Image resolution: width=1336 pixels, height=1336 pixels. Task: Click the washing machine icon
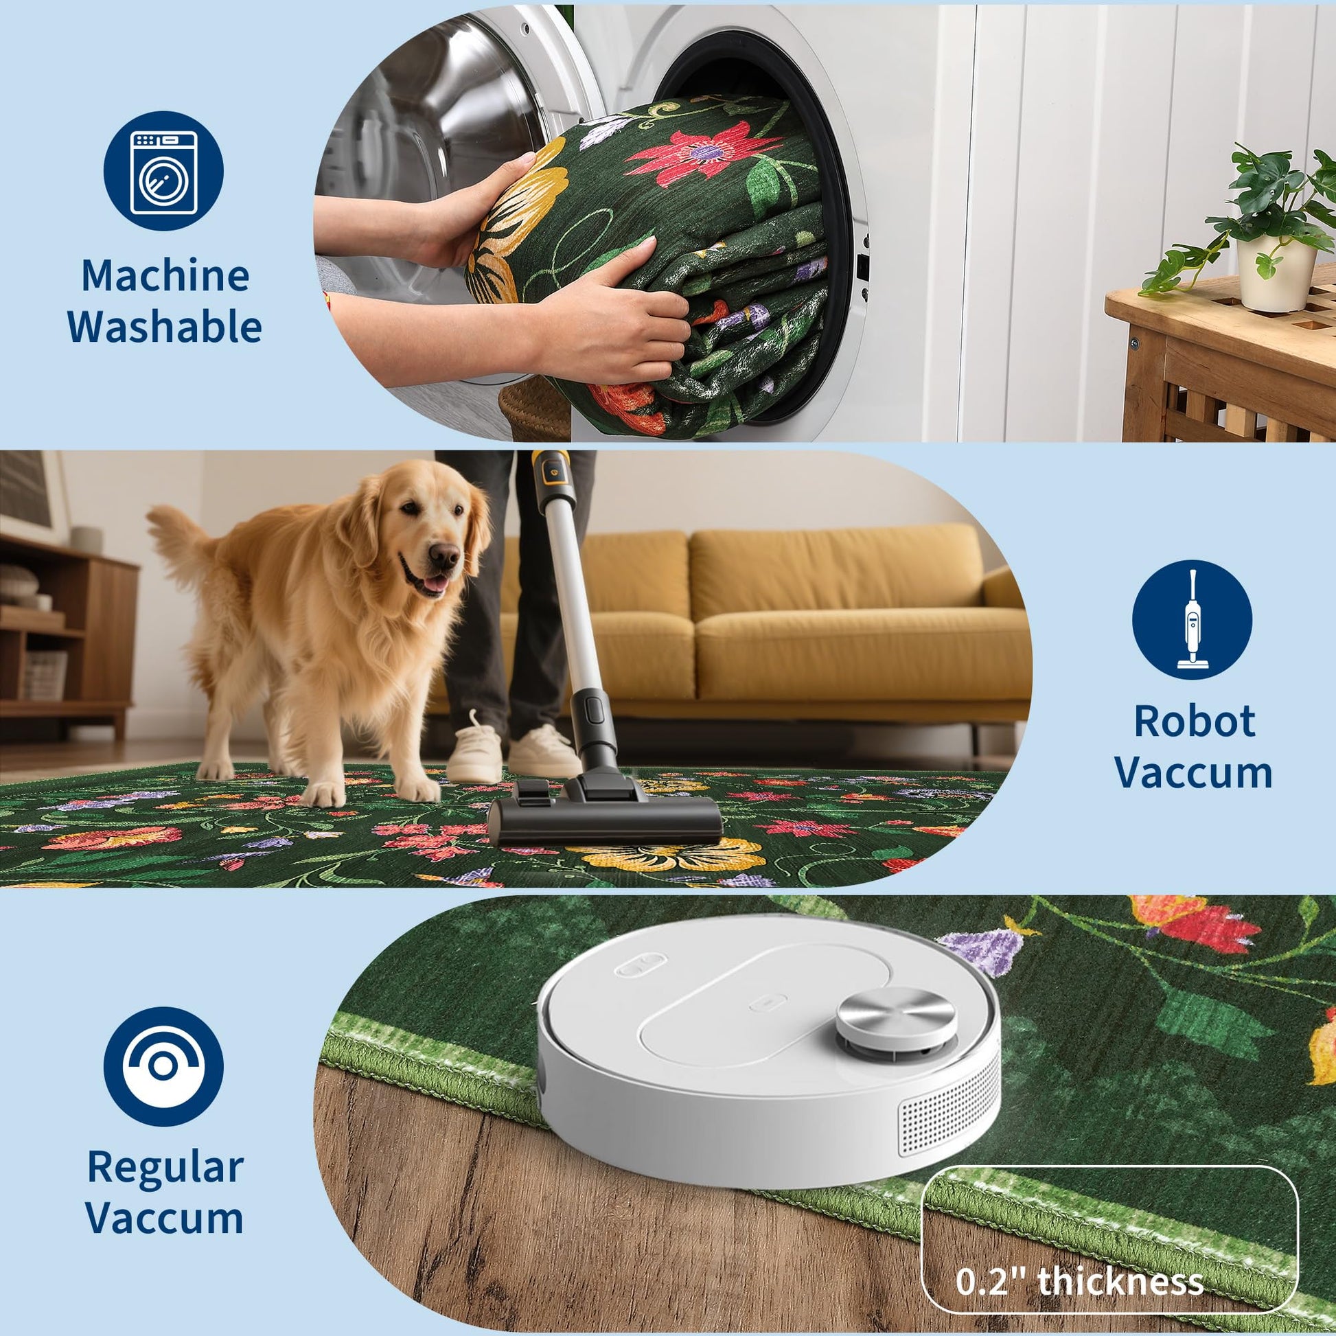pyautogui.click(x=164, y=171)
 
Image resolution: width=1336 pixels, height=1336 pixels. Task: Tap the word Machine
pyautogui.click(x=165, y=275)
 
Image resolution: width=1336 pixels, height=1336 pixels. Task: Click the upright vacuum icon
pyautogui.click(x=1192, y=619)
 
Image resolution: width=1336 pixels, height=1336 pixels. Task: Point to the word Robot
pyautogui.click(x=1195, y=722)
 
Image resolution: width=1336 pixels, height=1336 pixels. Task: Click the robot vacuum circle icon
pyautogui.click(x=164, y=1066)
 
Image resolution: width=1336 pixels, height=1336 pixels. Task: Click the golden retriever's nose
pyautogui.click(x=444, y=555)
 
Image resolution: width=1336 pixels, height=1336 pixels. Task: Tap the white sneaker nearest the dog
pyautogui.click(x=474, y=750)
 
